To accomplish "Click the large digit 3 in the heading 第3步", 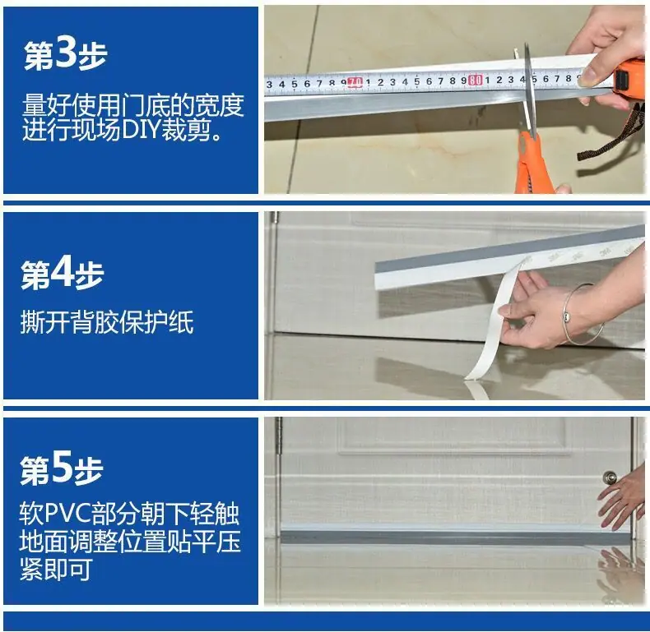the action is [x=66, y=54].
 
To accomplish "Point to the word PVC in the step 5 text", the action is [x=67, y=514].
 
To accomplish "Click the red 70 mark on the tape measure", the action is [x=355, y=82].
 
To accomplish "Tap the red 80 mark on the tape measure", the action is [x=475, y=80].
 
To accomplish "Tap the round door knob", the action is [x=611, y=478].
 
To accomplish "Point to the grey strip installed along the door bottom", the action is [x=456, y=537].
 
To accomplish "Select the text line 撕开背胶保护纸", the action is [x=107, y=321].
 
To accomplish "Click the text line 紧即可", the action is [x=56, y=570].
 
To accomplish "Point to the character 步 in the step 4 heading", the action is [x=89, y=275].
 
